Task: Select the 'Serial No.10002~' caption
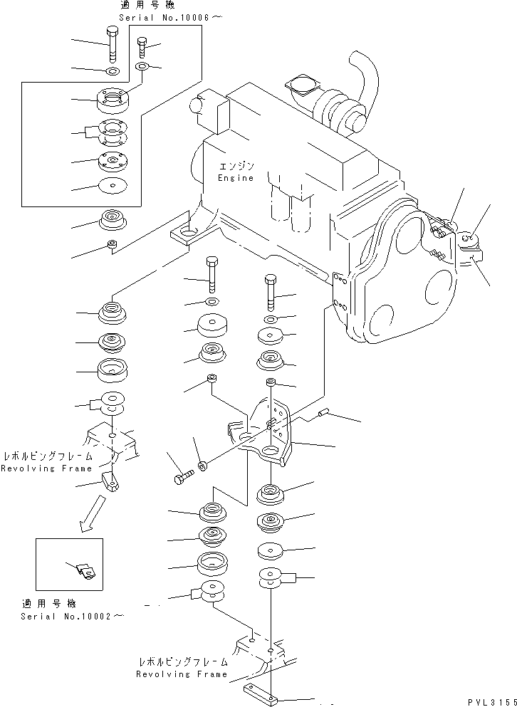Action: click(x=70, y=616)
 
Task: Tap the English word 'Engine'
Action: click(x=236, y=178)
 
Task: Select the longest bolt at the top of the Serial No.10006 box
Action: click(x=112, y=45)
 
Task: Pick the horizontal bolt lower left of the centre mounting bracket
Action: click(x=183, y=478)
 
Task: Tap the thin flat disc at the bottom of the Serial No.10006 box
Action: click(x=111, y=186)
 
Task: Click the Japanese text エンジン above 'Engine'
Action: click(x=237, y=166)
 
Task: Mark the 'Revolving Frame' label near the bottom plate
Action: click(x=182, y=674)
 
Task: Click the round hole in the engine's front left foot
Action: click(x=188, y=232)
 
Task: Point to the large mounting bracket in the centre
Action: click(x=266, y=438)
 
